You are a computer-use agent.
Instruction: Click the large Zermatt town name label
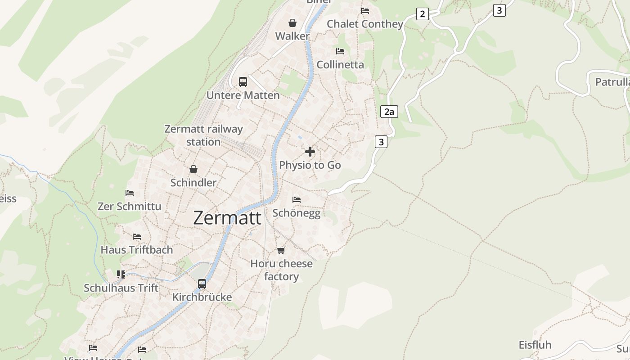[x=227, y=218]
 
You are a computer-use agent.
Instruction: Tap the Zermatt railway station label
[x=203, y=135]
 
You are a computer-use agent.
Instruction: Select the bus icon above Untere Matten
[x=243, y=82]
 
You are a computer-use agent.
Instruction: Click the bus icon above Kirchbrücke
[x=202, y=284]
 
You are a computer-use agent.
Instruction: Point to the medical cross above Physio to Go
[x=310, y=152]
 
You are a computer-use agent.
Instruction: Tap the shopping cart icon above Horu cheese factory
[x=281, y=250]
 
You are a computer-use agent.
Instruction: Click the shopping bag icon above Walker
[x=292, y=23]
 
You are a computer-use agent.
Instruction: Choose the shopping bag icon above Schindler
[x=193, y=169]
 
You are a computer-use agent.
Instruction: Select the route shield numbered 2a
[x=389, y=112]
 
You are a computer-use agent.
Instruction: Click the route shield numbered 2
[x=422, y=14]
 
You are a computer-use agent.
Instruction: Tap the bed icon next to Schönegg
[x=296, y=199]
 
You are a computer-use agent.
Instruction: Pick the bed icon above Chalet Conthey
[x=365, y=11]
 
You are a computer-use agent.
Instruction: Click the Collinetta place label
[x=340, y=65]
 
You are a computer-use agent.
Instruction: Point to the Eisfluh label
[x=535, y=345]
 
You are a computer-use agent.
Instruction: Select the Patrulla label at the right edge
[x=612, y=82]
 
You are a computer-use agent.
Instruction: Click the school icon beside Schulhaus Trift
[x=121, y=274]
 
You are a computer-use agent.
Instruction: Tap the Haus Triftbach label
[x=136, y=250]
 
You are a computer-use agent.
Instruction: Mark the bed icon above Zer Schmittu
[x=130, y=193]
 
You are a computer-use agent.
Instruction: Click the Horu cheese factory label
[x=281, y=270]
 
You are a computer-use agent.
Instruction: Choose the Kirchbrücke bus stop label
[x=202, y=297]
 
